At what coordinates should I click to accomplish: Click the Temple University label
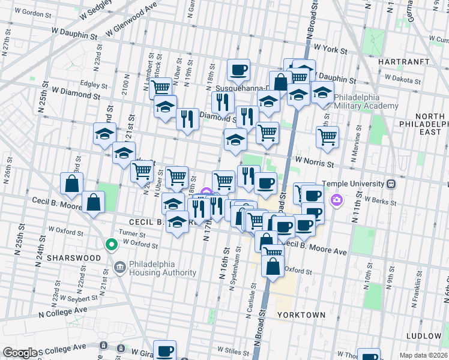[x=353, y=184]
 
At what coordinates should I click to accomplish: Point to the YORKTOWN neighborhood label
[x=301, y=314]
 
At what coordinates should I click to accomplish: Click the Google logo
[x=19, y=353]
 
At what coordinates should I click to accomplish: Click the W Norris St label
[x=313, y=163]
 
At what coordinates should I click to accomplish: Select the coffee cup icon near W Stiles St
[x=164, y=350]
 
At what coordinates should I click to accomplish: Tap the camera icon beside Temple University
[x=337, y=199]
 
